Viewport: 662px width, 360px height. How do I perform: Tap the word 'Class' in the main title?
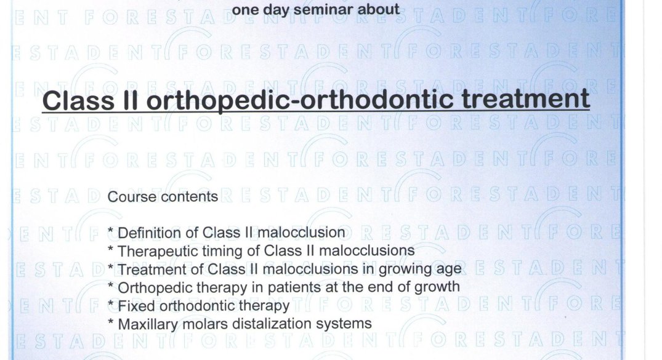click(78, 100)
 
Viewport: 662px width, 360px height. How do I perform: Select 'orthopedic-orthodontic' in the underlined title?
click(299, 100)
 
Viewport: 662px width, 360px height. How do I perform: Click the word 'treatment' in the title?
click(526, 100)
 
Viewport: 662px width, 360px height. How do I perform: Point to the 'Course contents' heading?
click(163, 197)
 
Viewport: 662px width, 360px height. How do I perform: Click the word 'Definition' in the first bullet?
click(157, 233)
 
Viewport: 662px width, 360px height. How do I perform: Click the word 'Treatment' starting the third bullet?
click(155, 270)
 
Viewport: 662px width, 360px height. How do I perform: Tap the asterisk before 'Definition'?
click(111, 230)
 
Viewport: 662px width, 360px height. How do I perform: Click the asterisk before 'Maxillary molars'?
click(111, 322)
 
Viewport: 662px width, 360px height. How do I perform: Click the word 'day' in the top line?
click(276, 10)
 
